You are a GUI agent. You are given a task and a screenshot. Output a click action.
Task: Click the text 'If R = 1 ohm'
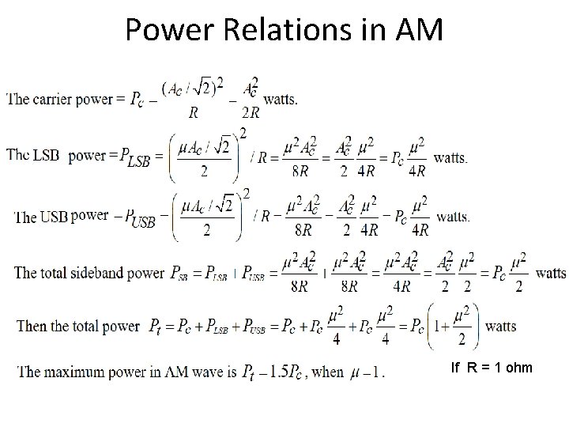(x=491, y=368)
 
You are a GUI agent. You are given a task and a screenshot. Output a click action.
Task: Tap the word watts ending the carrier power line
(x=281, y=99)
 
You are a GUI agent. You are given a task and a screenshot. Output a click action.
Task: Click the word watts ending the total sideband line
(x=551, y=273)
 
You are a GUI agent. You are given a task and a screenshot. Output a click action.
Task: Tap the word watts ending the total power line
(x=500, y=326)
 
